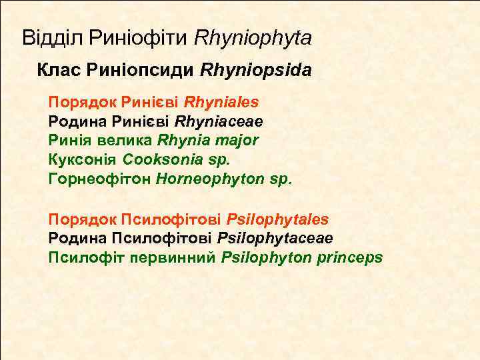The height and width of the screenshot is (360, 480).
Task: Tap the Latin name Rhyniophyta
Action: [253, 38]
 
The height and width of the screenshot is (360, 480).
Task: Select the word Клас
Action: [56, 69]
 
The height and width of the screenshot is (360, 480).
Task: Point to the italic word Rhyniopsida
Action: [255, 69]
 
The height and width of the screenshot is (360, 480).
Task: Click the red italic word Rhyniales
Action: [221, 103]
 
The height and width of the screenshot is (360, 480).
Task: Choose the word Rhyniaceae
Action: [219, 122]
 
